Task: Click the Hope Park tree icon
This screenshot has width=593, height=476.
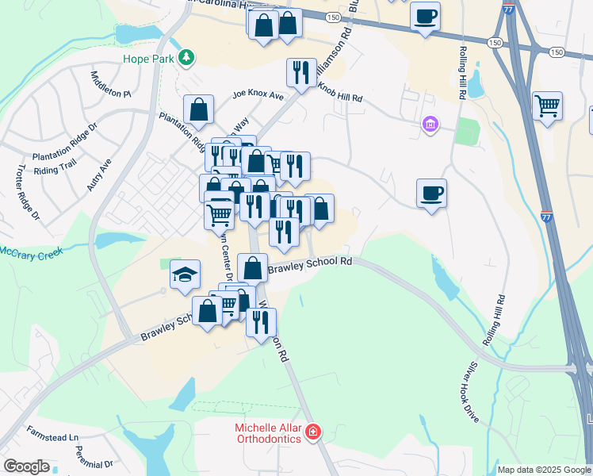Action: coord(186,57)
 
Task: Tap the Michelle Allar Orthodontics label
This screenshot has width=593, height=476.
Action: coord(268,433)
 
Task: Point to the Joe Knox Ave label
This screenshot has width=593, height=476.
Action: coord(258,95)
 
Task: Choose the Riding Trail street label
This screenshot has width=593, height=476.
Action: coord(55,169)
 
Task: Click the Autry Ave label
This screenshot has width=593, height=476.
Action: coord(101,175)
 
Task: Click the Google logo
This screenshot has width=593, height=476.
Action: coord(26,466)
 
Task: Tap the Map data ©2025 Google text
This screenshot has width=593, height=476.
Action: coord(544,470)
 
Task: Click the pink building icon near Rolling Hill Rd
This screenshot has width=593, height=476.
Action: coord(430,125)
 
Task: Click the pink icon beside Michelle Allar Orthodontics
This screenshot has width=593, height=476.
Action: coord(314,432)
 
